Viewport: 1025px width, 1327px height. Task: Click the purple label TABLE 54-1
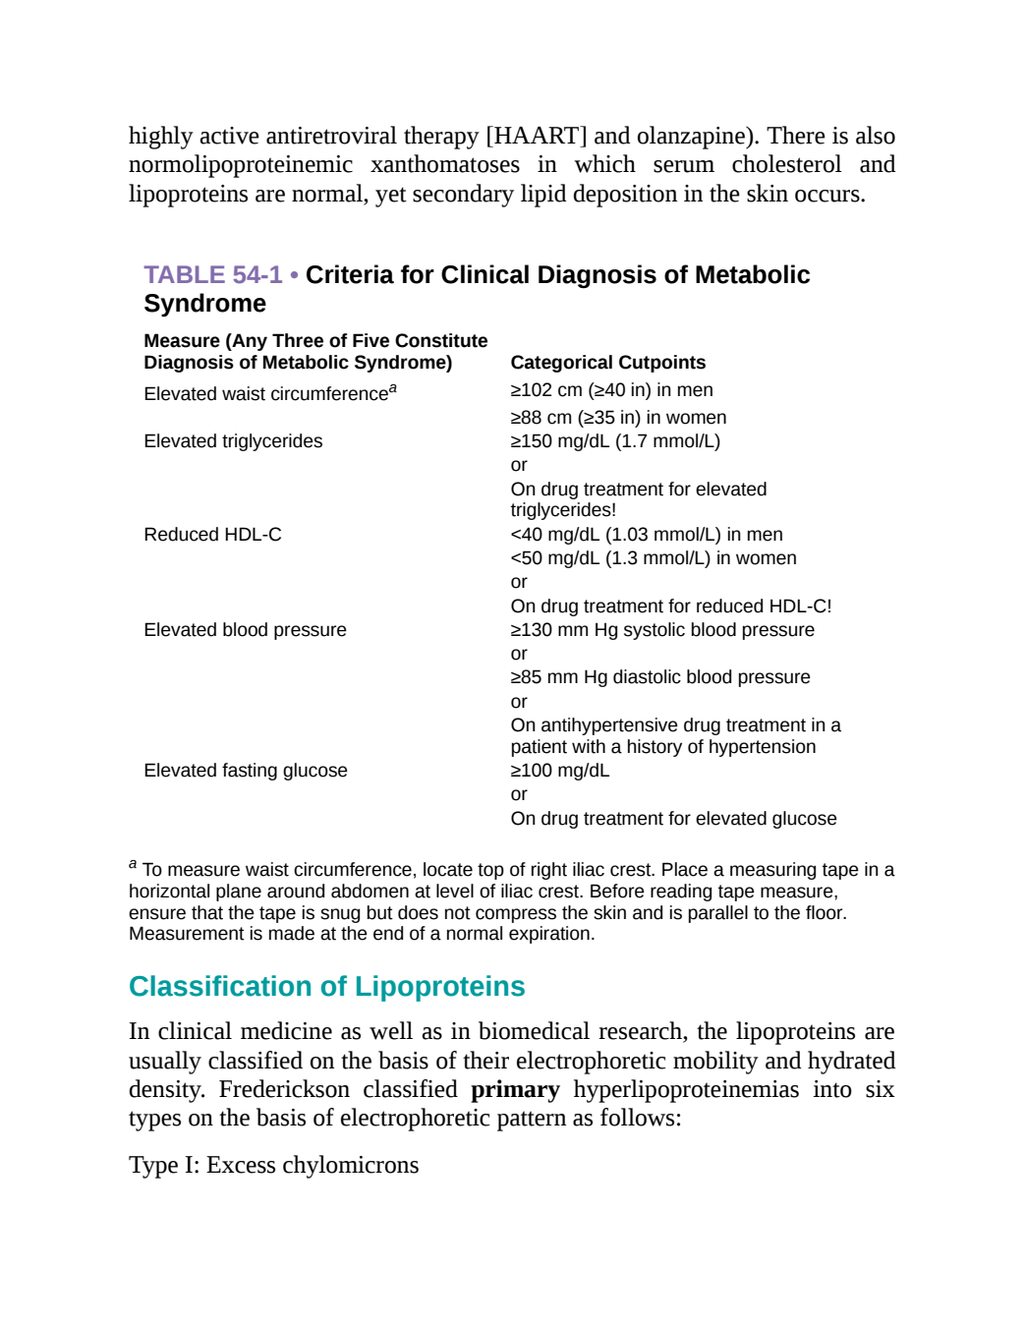click(212, 275)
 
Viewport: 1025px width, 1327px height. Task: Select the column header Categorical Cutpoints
click(607, 362)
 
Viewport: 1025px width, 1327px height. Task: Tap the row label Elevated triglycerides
click(233, 441)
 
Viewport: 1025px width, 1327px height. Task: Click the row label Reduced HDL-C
click(212, 535)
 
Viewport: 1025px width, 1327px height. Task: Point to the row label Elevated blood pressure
click(245, 630)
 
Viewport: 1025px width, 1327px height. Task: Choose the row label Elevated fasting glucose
click(246, 770)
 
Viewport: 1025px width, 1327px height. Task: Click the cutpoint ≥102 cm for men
click(611, 389)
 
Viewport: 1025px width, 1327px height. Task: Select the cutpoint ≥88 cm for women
click(618, 417)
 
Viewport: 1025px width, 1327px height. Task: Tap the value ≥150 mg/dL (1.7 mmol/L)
click(615, 441)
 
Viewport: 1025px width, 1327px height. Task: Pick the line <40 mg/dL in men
click(647, 535)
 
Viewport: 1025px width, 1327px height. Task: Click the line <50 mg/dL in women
click(654, 558)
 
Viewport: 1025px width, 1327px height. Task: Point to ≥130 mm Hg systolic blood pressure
click(662, 630)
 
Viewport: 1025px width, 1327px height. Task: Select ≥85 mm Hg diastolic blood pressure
click(660, 677)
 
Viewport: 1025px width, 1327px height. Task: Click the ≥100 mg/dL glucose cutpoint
click(560, 770)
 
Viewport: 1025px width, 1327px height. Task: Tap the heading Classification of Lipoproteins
click(326, 986)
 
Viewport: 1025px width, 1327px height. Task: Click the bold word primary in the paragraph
click(515, 1089)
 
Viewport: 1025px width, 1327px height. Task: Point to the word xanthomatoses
click(445, 164)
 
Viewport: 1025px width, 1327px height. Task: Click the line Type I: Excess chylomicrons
click(273, 1165)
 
